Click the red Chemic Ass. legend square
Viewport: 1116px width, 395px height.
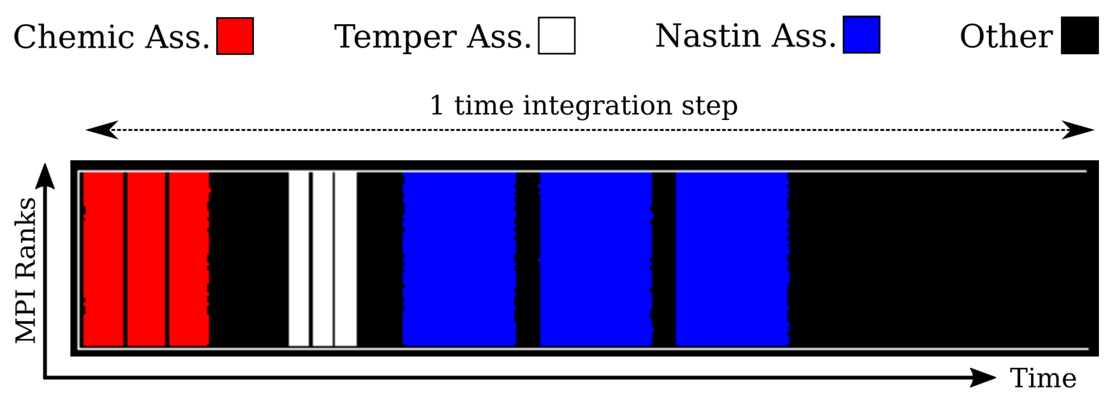235,36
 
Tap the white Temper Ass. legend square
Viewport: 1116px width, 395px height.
557,36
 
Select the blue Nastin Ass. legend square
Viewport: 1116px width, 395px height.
861,35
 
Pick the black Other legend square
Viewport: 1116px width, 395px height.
1080,35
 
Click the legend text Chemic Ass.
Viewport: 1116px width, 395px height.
111,37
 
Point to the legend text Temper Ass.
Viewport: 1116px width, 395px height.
432,37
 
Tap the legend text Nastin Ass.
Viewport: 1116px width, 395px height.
745,36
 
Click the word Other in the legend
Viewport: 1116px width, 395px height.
1006,37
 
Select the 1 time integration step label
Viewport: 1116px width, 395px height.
583,105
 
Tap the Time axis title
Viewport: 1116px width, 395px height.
1043,378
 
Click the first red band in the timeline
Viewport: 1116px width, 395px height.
103,259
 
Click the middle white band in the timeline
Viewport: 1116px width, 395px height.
323,259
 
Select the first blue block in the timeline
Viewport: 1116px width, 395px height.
459,259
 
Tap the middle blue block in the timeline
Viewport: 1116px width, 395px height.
596,259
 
